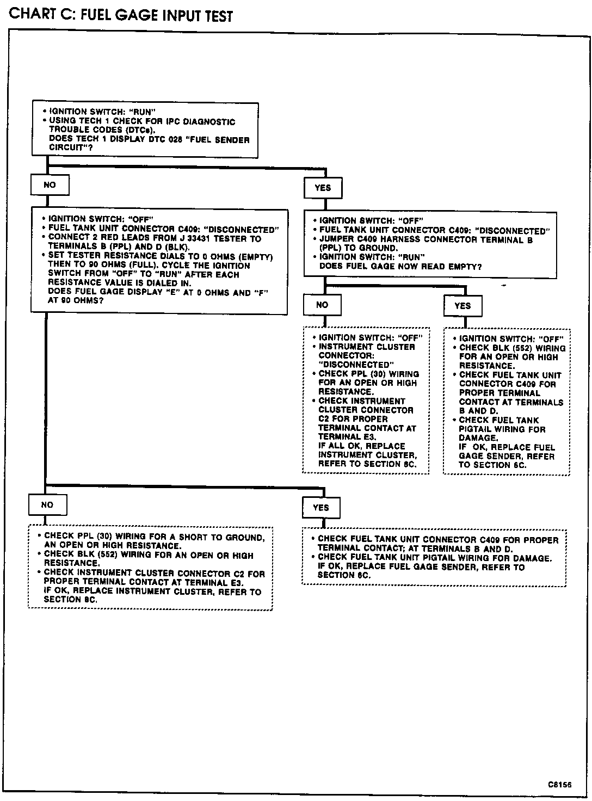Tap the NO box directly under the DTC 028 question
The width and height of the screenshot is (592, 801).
tap(50, 185)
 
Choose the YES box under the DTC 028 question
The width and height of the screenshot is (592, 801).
tap(323, 188)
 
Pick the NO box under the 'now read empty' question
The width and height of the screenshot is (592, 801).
tap(322, 305)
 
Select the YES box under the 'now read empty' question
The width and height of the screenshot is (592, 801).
tap(462, 306)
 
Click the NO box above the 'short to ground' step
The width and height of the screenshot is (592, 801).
tap(47, 505)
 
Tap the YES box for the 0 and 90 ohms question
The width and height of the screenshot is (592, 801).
tap(321, 508)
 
